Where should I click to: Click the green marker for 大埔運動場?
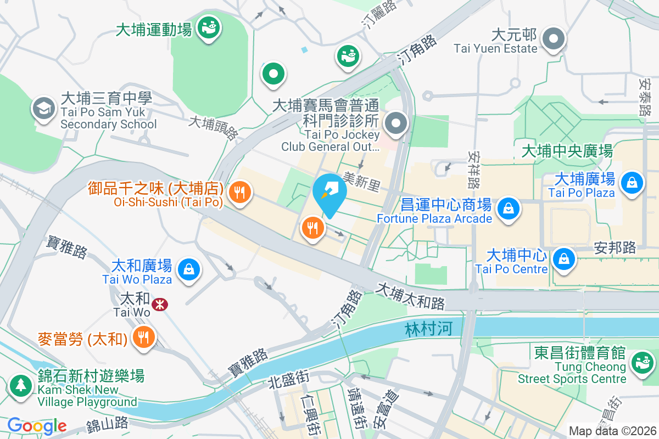coord(209,26)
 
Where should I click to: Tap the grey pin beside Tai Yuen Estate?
coord(554,40)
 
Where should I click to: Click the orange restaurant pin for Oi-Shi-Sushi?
coord(239,193)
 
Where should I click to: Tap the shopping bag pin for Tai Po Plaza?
coord(632,182)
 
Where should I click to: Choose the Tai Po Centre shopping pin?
coord(563,258)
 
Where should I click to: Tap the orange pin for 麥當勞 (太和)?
coord(143,337)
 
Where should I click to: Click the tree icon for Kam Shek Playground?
coord(21,385)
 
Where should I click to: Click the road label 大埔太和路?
coord(410,296)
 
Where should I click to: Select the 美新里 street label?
coord(361,182)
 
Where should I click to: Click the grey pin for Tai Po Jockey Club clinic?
coord(395,123)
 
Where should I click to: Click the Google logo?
coord(37,425)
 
